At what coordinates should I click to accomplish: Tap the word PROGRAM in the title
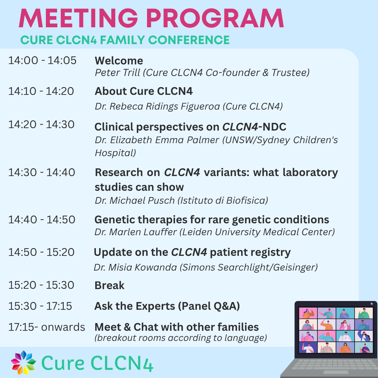coord(215,19)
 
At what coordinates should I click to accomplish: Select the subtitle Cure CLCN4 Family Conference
coord(125,40)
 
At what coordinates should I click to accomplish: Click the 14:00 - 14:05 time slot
coord(42,60)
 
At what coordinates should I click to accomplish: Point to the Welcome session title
coord(119,61)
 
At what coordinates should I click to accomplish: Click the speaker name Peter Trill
coord(117,72)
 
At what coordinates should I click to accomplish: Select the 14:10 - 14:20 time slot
coord(41,91)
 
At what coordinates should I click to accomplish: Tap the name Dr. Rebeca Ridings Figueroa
coord(157,106)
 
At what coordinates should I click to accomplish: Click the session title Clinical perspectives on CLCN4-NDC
coord(190,127)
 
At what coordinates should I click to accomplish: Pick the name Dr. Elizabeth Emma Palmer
coord(157,140)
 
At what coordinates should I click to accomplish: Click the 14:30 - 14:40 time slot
coord(42,172)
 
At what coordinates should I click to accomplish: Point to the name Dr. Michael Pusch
coord(134,201)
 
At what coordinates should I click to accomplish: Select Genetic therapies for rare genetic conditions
coord(212,219)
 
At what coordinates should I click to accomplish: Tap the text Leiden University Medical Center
coord(257,232)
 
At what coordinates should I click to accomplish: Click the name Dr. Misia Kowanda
coord(135,267)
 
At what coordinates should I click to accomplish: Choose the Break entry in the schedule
coord(110,286)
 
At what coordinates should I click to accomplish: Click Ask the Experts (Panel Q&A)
coord(167,306)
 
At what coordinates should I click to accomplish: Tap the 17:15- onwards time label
coord(47,327)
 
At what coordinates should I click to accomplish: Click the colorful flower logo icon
coord(23,363)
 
